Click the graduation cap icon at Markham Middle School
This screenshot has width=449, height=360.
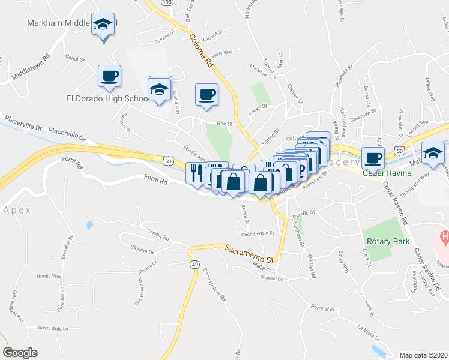coord(103,25)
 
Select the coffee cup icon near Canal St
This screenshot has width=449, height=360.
coord(109,76)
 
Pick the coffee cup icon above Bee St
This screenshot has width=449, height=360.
coord(206,94)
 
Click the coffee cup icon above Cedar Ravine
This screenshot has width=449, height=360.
coord(372,158)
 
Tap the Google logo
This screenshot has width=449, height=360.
coord(20,353)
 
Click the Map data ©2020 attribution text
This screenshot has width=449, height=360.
coord(424,355)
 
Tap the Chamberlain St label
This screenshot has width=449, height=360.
coord(257,233)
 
